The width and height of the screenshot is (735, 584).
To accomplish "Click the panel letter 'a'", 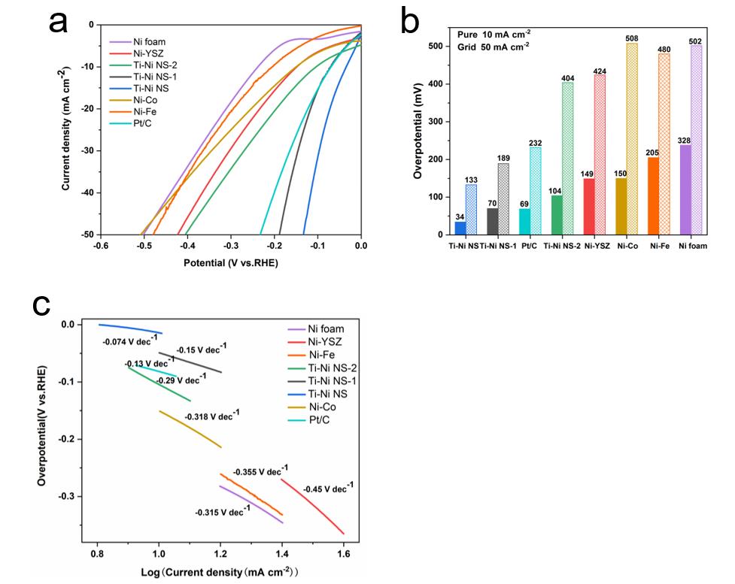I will click(x=58, y=23).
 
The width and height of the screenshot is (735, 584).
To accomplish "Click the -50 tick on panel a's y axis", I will click(x=83, y=235).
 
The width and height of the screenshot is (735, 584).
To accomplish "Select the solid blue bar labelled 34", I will click(x=460, y=228).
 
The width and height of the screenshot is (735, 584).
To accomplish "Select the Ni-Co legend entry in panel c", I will click(x=310, y=407).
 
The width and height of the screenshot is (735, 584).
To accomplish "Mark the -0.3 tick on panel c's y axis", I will click(x=76, y=496).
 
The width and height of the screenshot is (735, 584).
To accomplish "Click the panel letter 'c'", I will click(x=43, y=304).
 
